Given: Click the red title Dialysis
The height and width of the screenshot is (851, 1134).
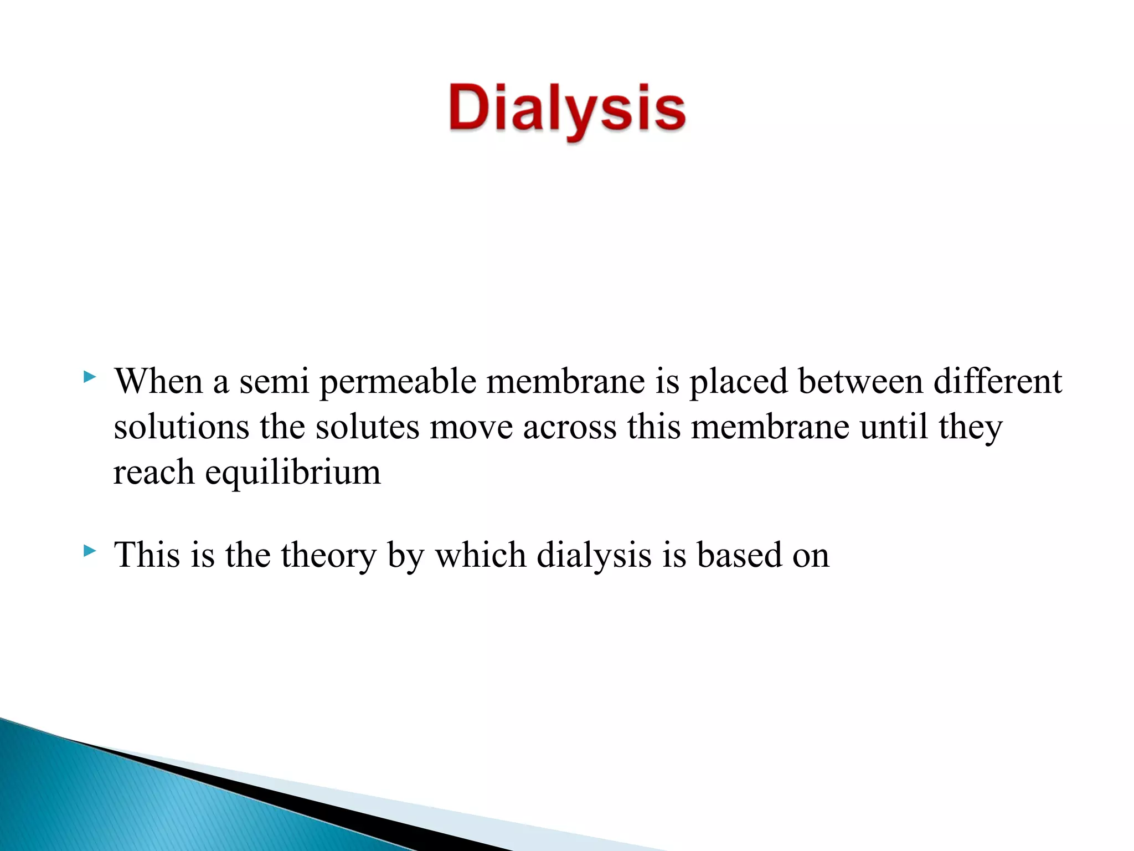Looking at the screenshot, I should click(x=567, y=109).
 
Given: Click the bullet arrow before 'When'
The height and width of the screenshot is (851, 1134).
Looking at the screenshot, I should click(x=89, y=378).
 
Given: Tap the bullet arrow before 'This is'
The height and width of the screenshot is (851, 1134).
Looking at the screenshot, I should click(x=89, y=551).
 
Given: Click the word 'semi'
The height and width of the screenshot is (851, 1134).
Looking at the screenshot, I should click(x=274, y=382).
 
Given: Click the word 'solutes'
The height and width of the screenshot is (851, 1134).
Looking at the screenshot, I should click(x=367, y=427).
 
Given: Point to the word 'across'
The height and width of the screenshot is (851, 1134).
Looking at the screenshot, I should click(x=569, y=428).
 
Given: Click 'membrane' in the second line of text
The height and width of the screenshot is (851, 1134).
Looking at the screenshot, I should click(x=770, y=427).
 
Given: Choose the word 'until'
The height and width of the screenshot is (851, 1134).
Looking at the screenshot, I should click(x=894, y=427).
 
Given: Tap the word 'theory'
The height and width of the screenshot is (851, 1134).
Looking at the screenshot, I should click(x=328, y=556).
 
